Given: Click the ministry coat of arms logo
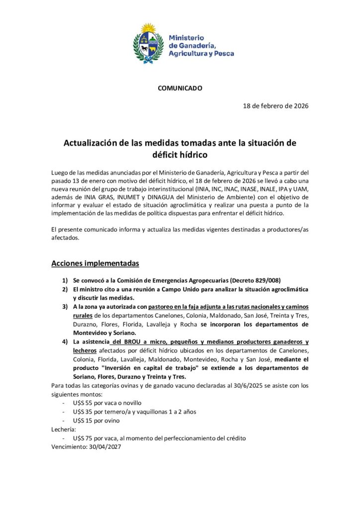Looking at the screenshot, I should (149, 42).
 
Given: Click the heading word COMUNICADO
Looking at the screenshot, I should (180, 88).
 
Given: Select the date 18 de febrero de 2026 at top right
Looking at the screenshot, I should (275, 106).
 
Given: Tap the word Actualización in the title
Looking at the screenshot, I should (93, 143).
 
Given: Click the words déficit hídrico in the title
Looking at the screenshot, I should (180, 155).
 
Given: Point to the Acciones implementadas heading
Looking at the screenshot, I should (95, 263).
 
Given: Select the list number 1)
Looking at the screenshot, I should (65, 280).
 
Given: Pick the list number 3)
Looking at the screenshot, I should (65, 307).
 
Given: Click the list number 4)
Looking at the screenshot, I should (65, 342).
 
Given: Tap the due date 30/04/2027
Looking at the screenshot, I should (104, 446).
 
